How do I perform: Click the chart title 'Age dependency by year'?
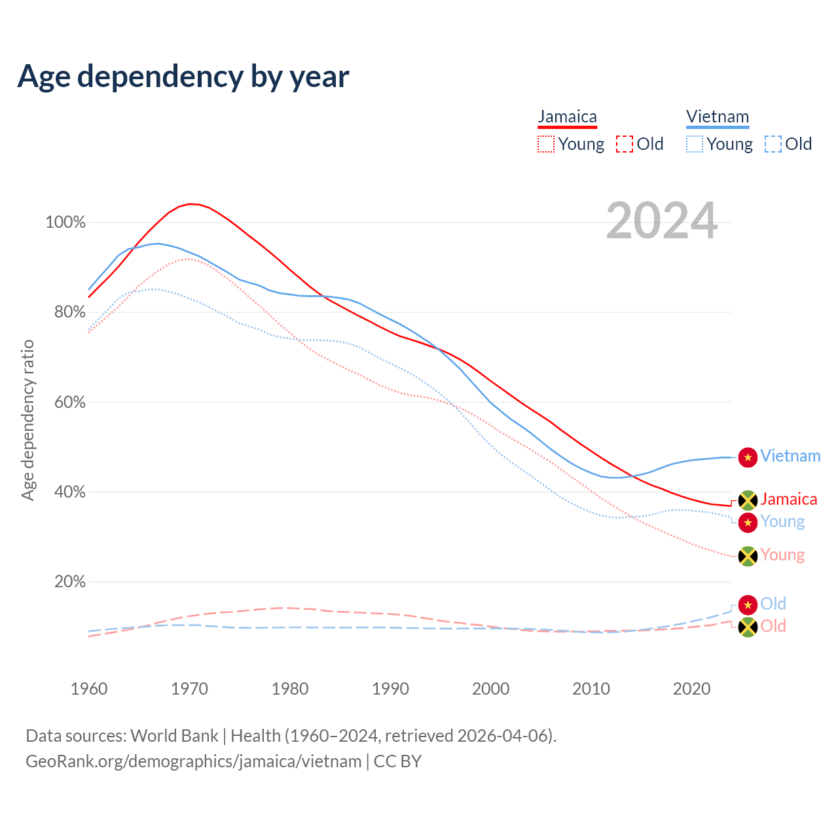183,77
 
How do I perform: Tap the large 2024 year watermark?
662,221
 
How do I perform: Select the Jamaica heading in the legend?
568,117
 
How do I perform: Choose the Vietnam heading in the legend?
718,117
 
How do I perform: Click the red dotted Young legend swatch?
546,144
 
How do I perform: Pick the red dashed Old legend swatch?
625,144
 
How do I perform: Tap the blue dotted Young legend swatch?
695,144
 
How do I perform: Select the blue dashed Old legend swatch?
773,144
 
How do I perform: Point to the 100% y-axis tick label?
65,223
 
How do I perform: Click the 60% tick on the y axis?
69,403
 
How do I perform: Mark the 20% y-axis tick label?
69,582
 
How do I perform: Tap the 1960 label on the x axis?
89,689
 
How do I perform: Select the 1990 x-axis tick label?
390,689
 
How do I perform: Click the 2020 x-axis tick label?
691,689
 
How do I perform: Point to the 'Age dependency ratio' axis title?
27,420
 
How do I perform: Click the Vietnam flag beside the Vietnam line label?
748,457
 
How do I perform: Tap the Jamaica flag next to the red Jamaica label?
748,500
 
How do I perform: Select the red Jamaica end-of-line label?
789,500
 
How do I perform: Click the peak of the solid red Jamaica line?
190,204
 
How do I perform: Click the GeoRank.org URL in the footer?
193,761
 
